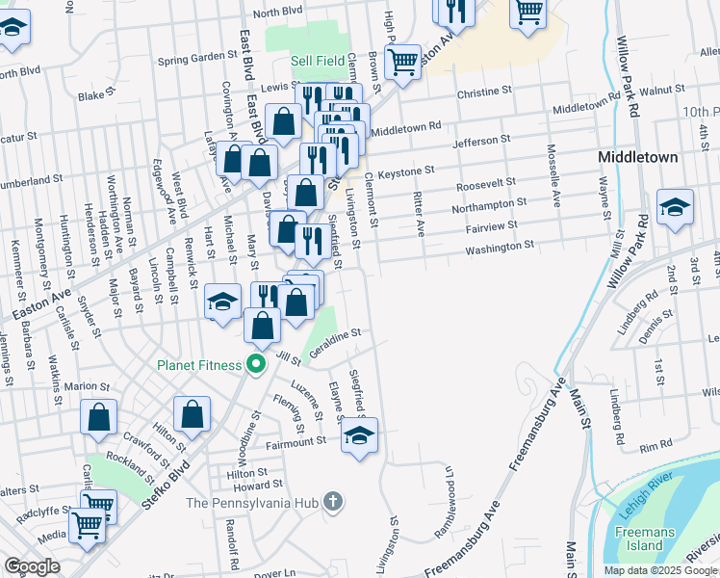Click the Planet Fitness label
click(x=202, y=365)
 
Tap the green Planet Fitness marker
click(x=255, y=365)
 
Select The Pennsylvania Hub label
click(x=251, y=502)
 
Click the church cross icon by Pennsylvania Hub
click(x=332, y=501)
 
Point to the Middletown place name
click(x=638, y=157)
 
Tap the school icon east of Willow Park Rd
click(x=676, y=206)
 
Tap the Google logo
click(x=32, y=566)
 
